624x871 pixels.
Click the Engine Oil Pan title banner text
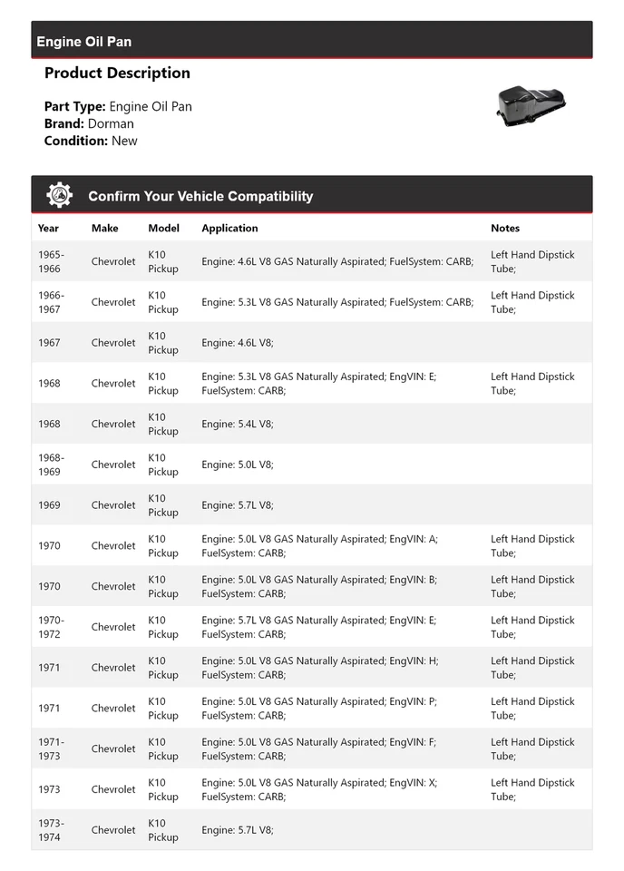click(83, 42)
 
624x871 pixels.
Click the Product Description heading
click(117, 73)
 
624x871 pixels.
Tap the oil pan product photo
click(531, 105)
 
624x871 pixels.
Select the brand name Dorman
click(111, 123)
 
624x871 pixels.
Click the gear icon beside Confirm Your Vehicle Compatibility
click(59, 195)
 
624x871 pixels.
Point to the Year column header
click(48, 229)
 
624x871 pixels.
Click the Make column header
click(104, 229)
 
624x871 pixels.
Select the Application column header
click(229, 229)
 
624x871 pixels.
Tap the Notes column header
click(505, 229)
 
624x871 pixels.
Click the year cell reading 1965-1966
click(51, 261)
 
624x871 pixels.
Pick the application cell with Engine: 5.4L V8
click(238, 424)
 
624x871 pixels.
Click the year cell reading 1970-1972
click(51, 627)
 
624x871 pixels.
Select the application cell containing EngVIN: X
click(319, 789)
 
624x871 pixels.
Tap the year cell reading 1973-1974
click(51, 830)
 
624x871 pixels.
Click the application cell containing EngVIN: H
click(319, 668)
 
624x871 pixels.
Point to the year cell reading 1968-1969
click(51, 465)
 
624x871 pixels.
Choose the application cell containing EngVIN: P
click(319, 709)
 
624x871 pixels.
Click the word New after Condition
click(124, 141)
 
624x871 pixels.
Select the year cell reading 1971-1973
click(51, 749)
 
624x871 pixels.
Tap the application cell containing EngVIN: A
click(319, 546)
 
